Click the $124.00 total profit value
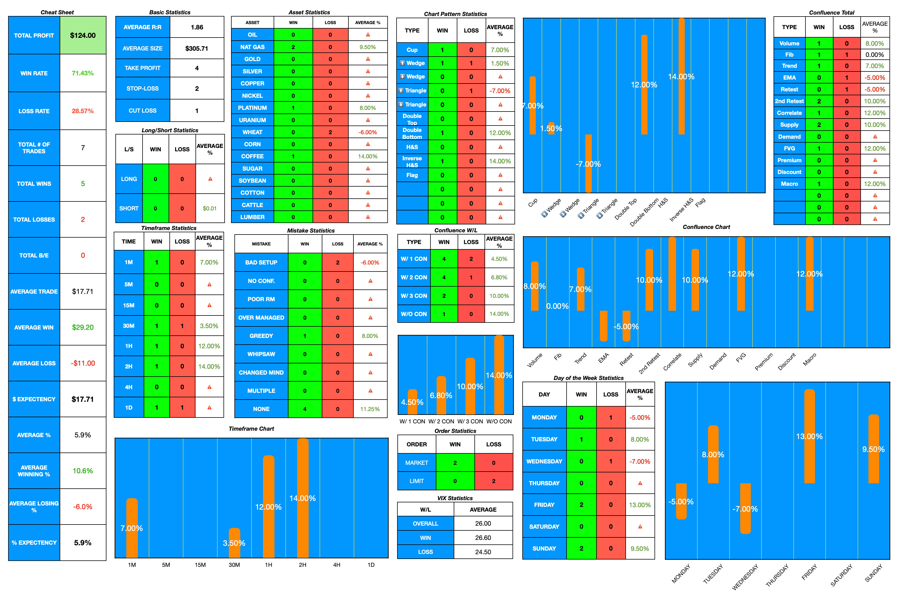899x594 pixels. point(83,35)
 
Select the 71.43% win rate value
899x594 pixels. point(83,73)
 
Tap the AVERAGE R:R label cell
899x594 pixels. point(142,27)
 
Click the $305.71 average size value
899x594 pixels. point(197,48)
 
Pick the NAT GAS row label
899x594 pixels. point(252,47)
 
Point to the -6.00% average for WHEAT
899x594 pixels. point(367,132)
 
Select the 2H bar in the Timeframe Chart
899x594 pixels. point(302,498)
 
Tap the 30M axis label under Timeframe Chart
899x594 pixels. point(234,565)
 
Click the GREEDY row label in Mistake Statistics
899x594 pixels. point(261,336)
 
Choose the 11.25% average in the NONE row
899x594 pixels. point(370,409)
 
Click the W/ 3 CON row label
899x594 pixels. point(414,296)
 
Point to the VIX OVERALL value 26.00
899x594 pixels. point(483,524)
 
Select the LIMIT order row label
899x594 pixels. point(416,481)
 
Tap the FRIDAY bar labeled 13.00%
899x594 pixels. point(809,437)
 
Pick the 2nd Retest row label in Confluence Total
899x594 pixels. point(789,101)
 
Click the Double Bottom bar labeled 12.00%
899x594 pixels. point(644,85)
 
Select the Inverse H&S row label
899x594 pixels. point(412,161)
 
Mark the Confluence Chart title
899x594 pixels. point(706,227)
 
